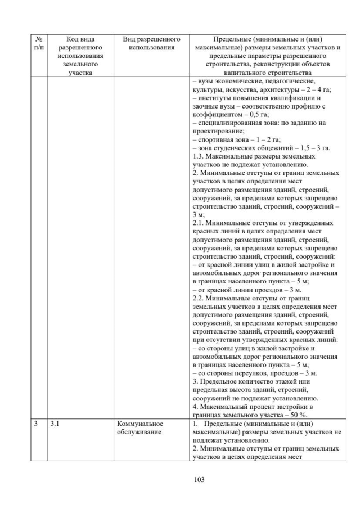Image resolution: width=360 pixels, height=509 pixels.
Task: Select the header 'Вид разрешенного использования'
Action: click(x=151, y=44)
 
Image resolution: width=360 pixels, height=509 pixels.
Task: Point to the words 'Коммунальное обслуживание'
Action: click(x=140, y=428)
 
